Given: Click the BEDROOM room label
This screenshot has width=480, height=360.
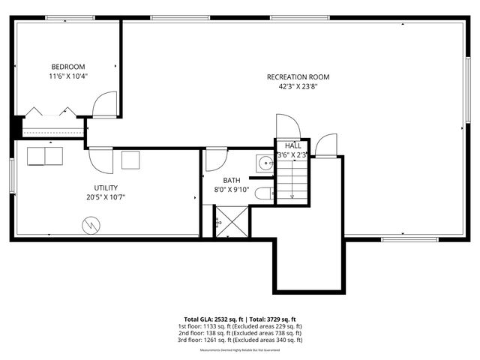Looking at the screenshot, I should (68, 66).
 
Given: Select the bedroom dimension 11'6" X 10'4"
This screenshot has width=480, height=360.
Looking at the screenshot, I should (68, 76).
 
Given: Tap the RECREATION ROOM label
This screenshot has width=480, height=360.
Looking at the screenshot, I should (298, 76).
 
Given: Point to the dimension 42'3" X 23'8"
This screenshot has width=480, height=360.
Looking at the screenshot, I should (298, 86).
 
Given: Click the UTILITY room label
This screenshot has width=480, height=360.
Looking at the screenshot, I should (106, 187).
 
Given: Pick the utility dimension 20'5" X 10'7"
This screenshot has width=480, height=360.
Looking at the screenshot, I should (106, 197).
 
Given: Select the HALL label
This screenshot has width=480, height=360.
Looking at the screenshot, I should (292, 145).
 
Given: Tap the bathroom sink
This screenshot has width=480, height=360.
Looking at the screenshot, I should (265, 163).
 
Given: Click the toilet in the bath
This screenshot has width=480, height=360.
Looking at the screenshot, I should (263, 193).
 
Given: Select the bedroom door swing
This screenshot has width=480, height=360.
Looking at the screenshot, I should (104, 104).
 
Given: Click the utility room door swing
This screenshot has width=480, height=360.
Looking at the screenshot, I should (100, 159).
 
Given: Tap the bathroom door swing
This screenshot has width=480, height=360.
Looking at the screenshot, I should (216, 158).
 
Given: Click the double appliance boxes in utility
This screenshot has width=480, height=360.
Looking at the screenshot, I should (46, 156).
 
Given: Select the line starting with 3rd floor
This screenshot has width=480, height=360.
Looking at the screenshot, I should (240, 340).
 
